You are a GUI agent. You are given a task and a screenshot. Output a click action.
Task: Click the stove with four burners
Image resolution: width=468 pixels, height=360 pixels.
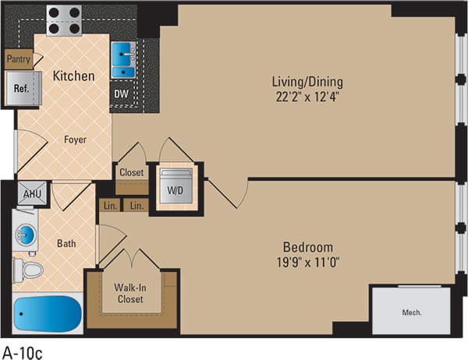coord(64,19)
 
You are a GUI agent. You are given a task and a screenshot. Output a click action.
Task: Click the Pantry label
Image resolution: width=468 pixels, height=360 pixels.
coord(19,58)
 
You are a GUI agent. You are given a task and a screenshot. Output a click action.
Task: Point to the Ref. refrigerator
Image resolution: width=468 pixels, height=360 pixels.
coord(21,88)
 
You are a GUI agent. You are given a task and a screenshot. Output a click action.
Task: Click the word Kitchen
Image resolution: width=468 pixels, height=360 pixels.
coord(74,76)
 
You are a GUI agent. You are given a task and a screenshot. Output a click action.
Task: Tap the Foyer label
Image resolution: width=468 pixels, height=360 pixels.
coord(75,140)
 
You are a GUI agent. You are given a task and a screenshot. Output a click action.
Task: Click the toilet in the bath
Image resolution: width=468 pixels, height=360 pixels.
coord(31,270)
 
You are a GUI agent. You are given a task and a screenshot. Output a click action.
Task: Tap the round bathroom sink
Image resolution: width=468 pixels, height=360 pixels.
coord(26,234)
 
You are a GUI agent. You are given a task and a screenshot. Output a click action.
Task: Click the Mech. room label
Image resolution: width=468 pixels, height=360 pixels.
coord(411,312)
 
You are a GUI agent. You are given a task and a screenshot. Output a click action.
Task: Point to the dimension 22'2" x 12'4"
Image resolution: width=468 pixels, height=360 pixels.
coord(307,97)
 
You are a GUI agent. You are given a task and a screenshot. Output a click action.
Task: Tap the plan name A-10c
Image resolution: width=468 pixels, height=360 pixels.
coord(23,351)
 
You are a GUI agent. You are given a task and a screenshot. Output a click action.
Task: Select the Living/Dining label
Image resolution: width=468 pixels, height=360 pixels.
coord(307,81)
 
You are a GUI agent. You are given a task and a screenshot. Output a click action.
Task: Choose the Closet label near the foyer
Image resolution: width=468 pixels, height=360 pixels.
coord(131,173)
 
